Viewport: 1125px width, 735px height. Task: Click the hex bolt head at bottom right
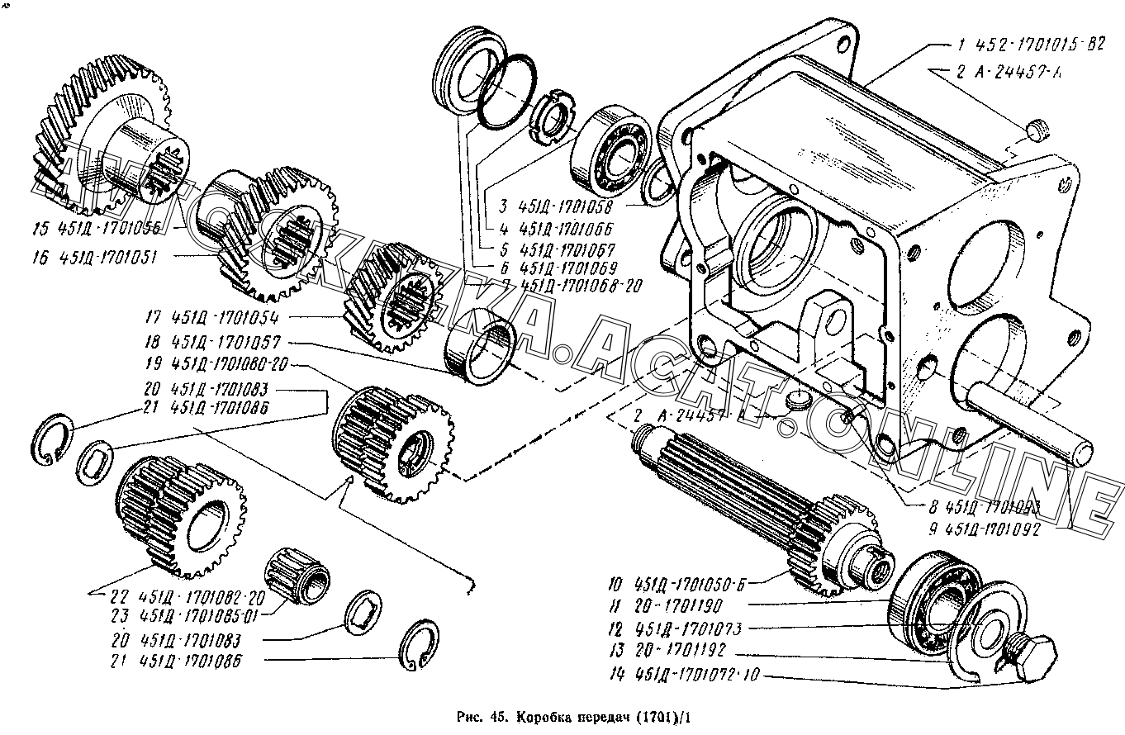click(1032, 652)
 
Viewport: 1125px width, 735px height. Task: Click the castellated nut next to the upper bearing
click(549, 117)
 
